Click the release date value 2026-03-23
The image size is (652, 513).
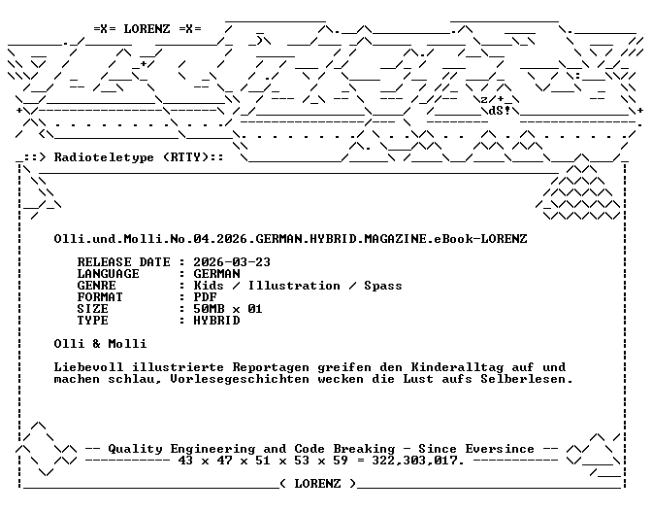coord(232,262)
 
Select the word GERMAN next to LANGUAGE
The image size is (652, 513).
coord(216,274)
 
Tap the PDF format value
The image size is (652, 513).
coord(205,297)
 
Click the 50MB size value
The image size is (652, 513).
coord(209,309)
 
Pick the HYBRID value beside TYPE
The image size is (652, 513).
coord(216,321)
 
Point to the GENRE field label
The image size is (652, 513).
coord(96,286)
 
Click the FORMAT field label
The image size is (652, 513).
coord(100,297)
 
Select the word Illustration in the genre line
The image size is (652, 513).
coord(294,286)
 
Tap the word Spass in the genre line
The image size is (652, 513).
coord(383,286)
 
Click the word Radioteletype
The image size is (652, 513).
coord(104,157)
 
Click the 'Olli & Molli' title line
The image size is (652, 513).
coord(100,344)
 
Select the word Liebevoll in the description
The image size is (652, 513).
coord(88,367)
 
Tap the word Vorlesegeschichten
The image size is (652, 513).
coord(240,379)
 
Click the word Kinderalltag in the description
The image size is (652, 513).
coord(457,367)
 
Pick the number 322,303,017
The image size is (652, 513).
coord(416,461)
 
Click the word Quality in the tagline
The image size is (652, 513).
coord(135,449)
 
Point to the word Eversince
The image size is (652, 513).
coord(500,449)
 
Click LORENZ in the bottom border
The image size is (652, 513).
coord(317,484)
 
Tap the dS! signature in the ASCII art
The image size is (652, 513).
coord(499,111)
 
